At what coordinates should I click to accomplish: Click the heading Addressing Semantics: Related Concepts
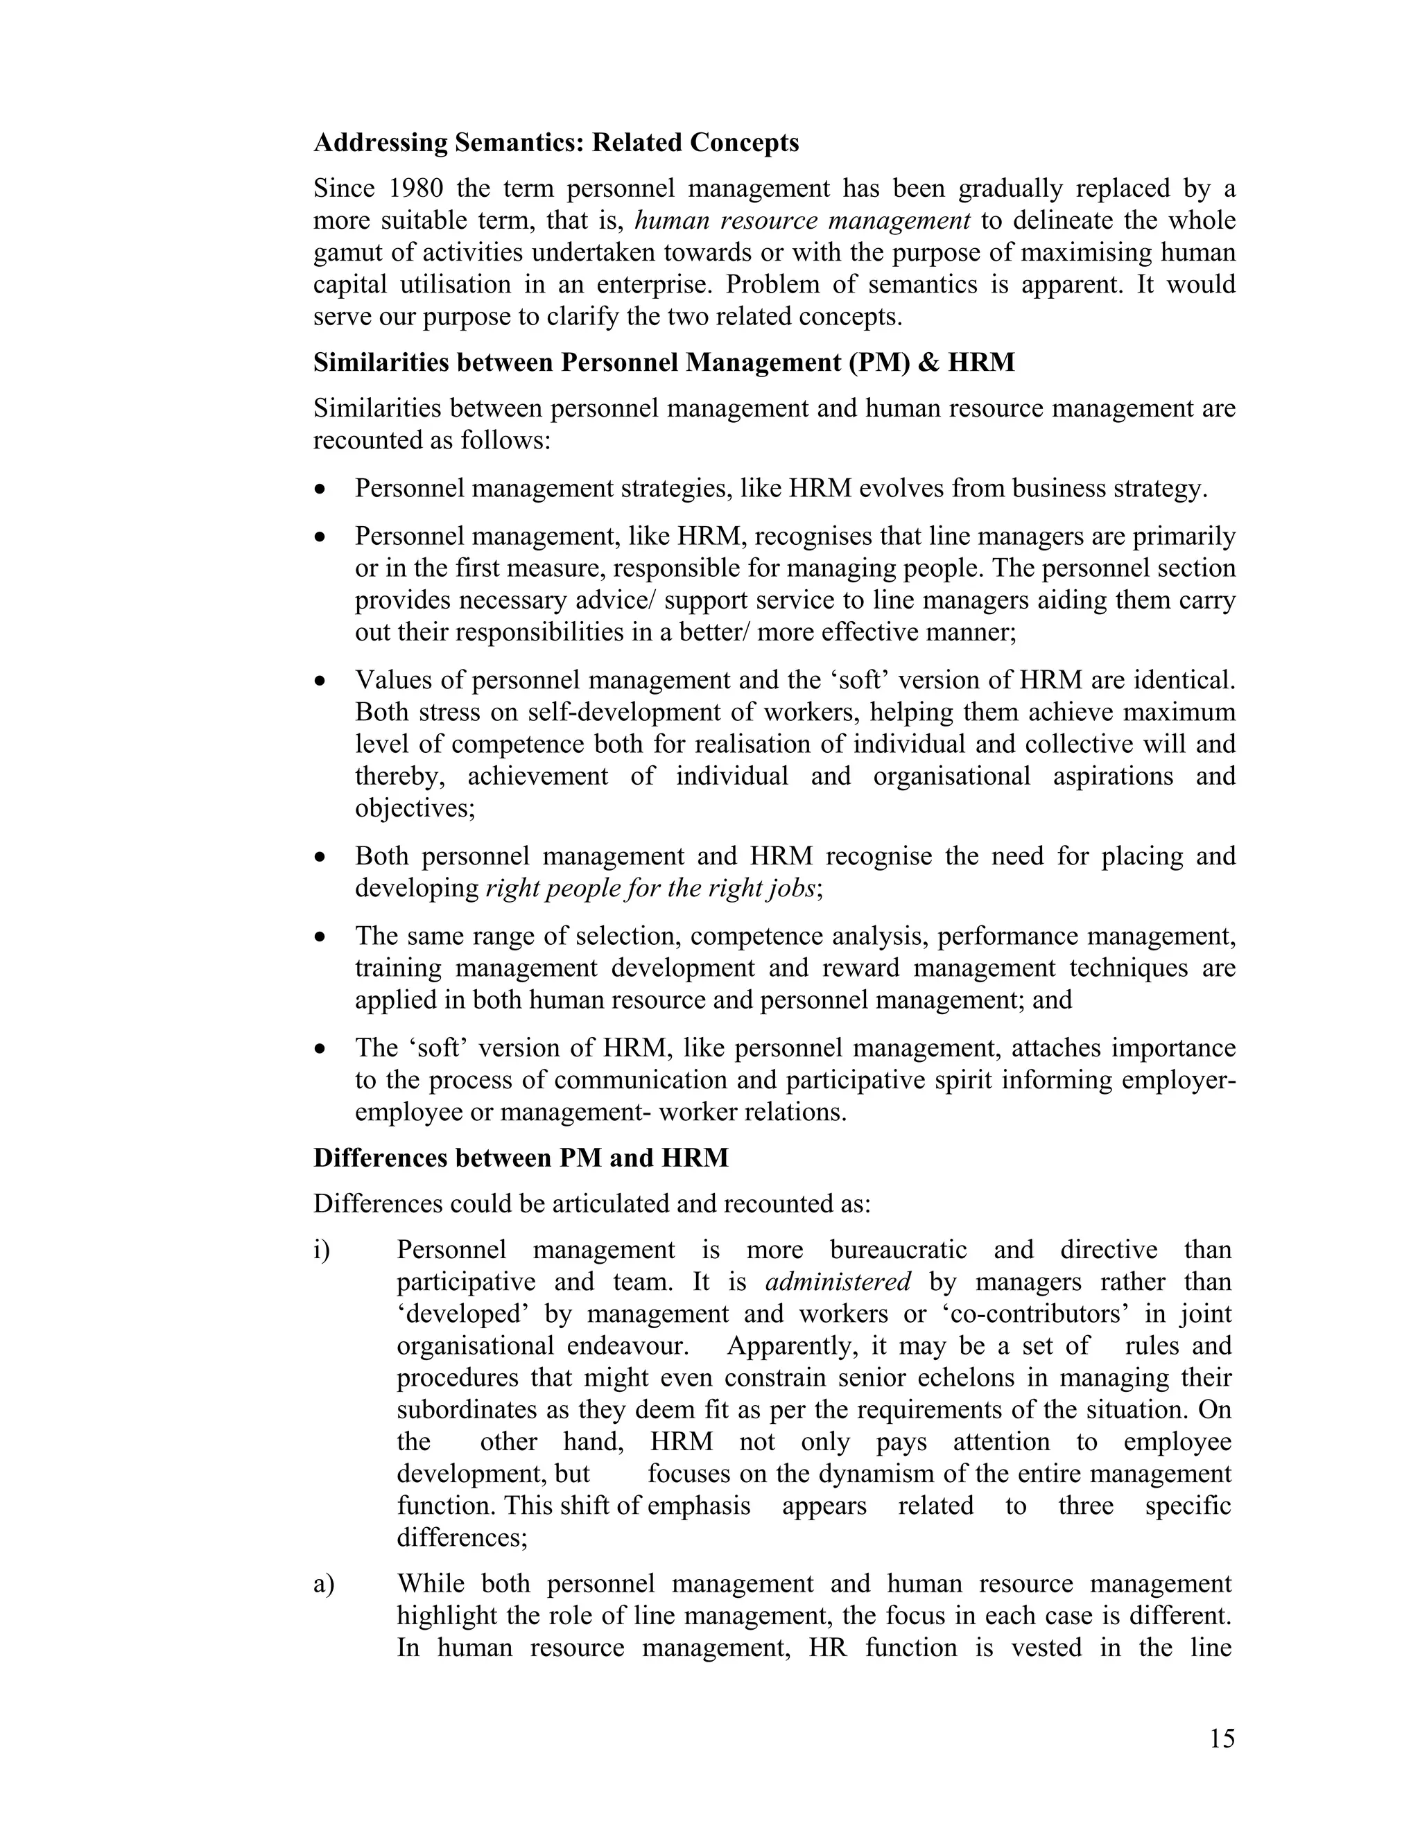point(556,142)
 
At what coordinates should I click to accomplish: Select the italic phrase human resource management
point(802,220)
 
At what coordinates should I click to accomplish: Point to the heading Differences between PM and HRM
point(521,1158)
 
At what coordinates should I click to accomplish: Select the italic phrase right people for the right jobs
point(651,888)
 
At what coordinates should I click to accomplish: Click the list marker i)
point(322,1250)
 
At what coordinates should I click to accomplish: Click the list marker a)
point(324,1584)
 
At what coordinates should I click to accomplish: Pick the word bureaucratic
point(898,1250)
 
